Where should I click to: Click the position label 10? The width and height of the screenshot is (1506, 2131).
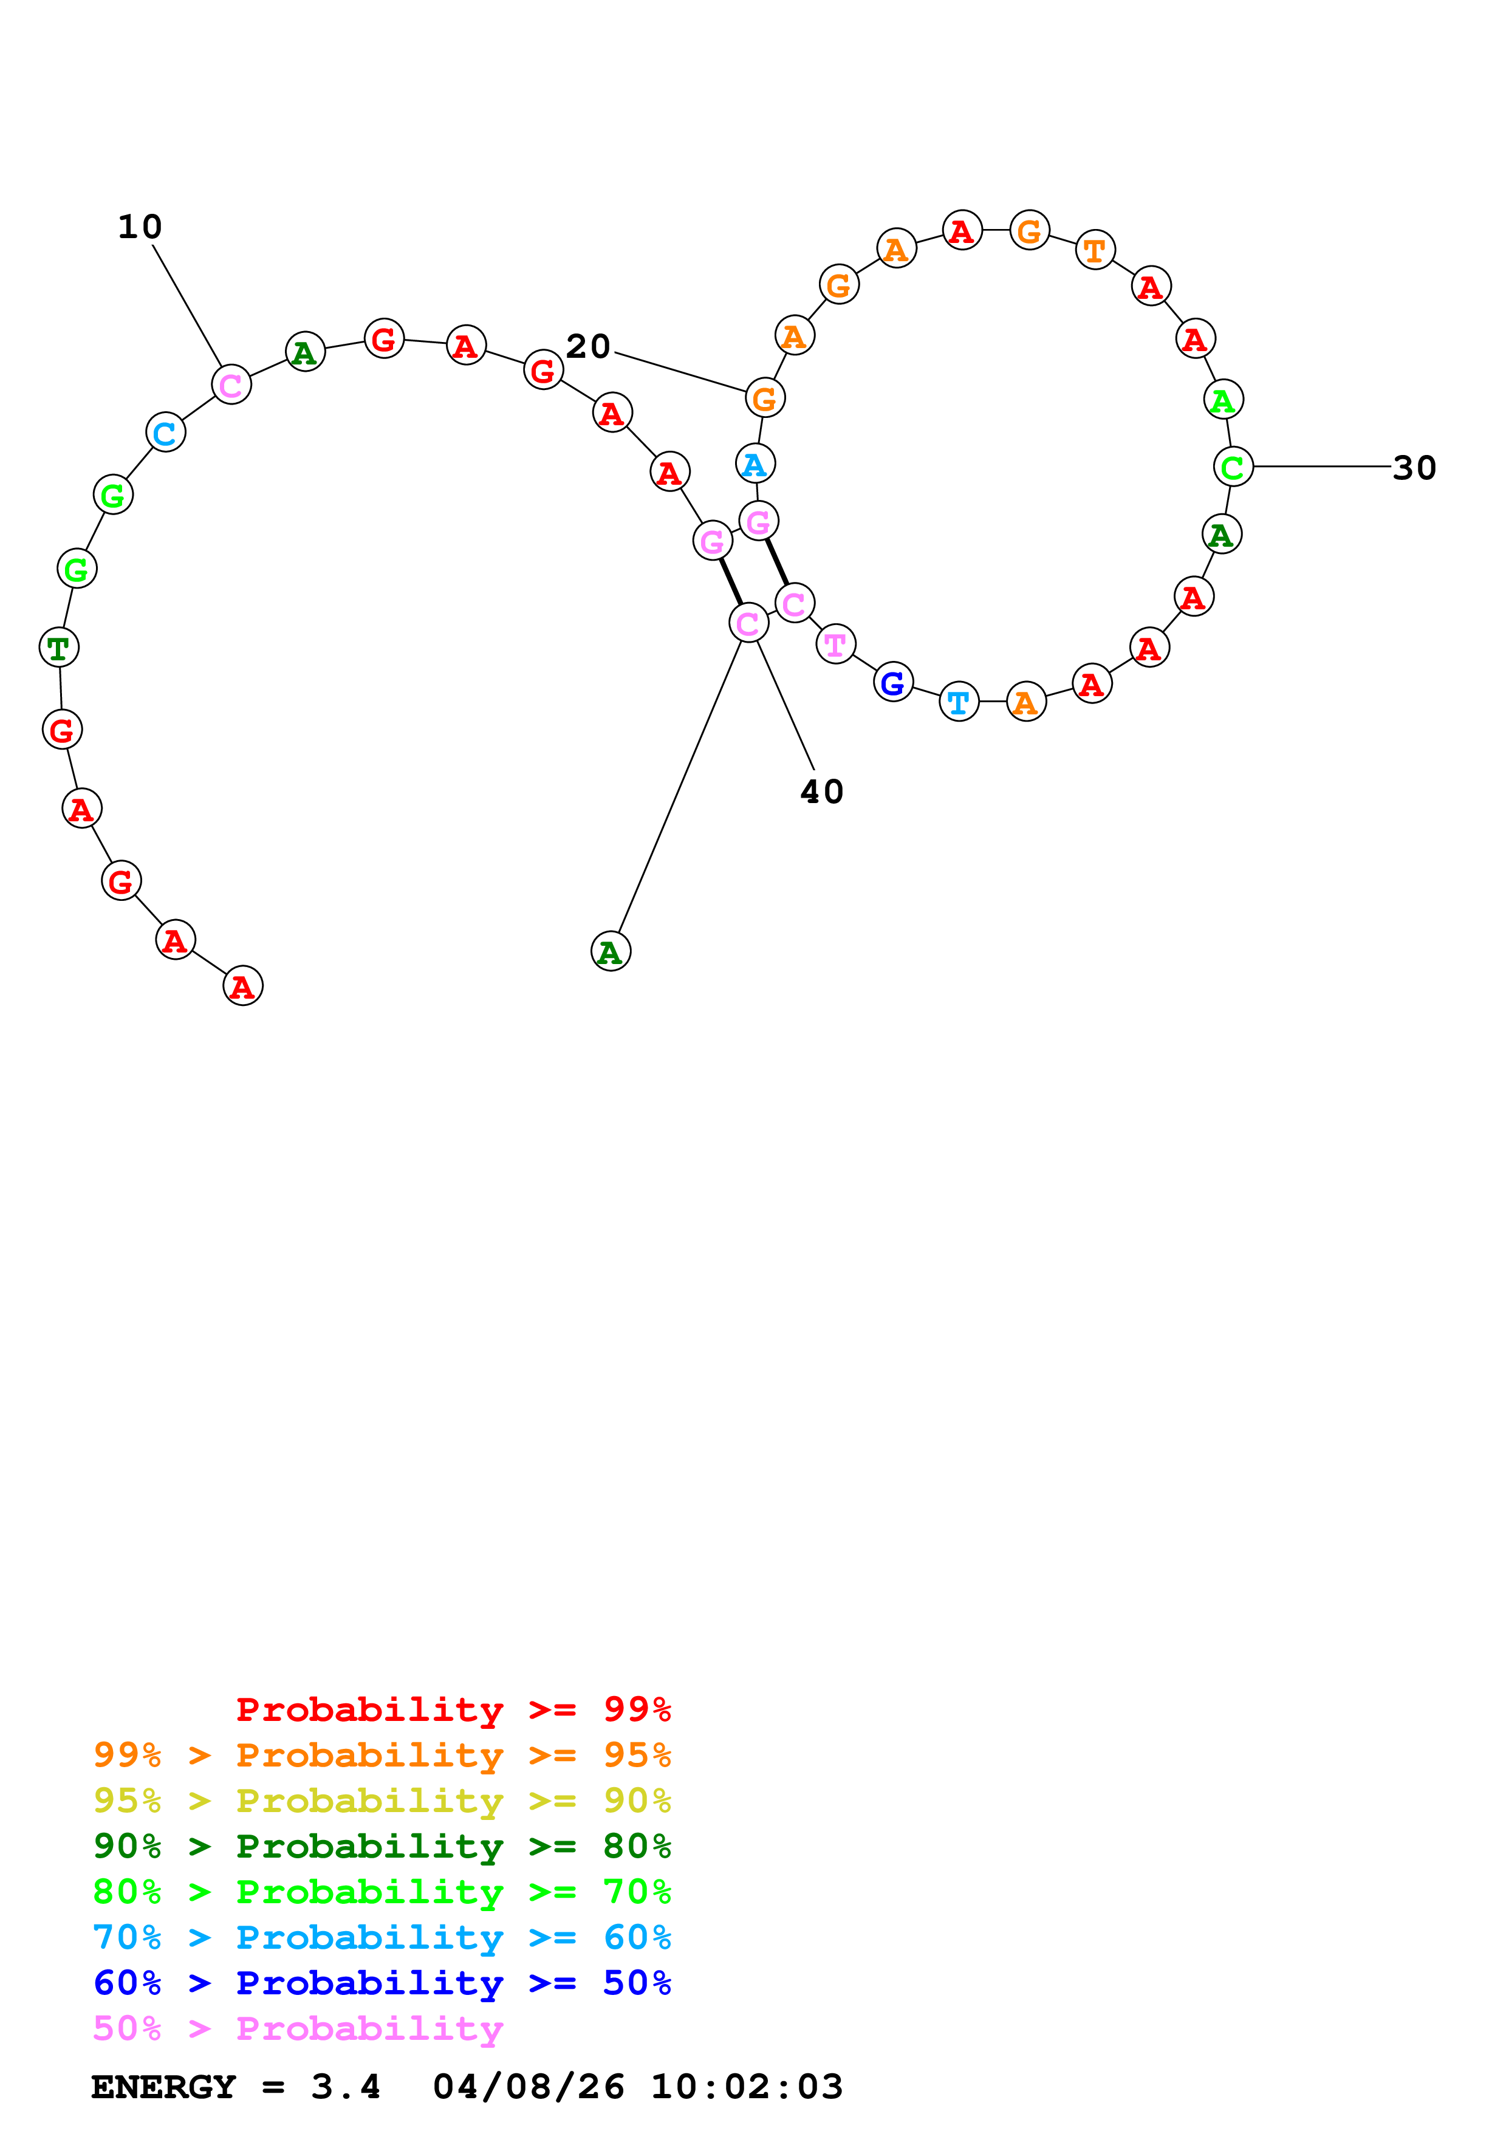tap(140, 227)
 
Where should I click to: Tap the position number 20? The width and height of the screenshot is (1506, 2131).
tap(587, 346)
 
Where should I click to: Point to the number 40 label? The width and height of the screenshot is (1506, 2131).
tap(821, 792)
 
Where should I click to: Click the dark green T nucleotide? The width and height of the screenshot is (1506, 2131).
tap(58, 647)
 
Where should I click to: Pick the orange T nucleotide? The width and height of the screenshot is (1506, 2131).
tap(1095, 250)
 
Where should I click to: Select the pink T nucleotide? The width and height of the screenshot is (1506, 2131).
tap(835, 644)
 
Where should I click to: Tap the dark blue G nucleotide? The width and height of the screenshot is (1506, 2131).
tap(892, 683)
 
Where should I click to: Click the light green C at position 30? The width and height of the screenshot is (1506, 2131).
tap(1232, 467)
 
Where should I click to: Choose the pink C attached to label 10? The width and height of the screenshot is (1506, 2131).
tap(231, 385)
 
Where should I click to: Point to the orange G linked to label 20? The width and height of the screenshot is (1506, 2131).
tap(765, 398)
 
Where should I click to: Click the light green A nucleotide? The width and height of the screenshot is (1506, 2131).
tap(1223, 400)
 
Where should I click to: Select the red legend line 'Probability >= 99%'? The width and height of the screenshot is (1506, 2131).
tap(453, 1709)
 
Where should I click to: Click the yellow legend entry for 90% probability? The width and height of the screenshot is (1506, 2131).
tap(382, 1800)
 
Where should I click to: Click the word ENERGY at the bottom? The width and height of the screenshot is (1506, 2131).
tap(163, 2087)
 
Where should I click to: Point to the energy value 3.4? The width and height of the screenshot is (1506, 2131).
tap(345, 2087)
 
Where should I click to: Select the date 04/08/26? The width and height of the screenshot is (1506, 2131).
tap(528, 2087)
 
